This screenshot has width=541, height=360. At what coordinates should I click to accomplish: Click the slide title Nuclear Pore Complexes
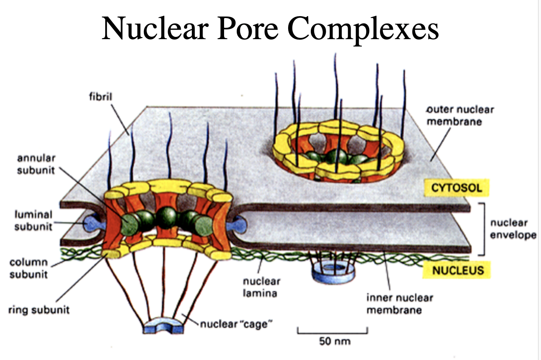pos(270,28)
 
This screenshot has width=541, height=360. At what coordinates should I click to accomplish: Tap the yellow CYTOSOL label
pos(456,188)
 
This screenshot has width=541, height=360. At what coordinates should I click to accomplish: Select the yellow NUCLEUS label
pos(457,271)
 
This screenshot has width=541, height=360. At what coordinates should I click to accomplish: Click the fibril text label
pos(101,96)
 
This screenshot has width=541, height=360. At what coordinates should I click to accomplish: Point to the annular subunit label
pos(36,164)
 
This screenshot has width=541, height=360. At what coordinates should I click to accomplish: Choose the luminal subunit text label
pos(33,220)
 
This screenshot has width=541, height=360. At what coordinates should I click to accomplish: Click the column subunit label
pos(28,268)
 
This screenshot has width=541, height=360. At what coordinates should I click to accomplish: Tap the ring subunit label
pos(39,310)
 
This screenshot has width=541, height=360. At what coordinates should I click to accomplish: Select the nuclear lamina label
pos(261,287)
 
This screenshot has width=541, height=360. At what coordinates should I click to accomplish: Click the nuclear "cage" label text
pos(236,324)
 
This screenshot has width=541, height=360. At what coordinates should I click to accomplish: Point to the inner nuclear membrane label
pos(399,304)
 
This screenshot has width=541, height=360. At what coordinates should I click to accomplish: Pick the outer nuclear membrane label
pos(460,116)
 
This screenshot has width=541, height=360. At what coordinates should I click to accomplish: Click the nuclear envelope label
pos(513,229)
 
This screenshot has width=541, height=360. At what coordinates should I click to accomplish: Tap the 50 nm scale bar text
pos(335,341)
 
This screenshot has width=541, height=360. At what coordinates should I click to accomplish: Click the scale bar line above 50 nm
pos(332,332)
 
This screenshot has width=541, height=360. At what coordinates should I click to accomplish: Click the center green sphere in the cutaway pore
pos(167,217)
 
